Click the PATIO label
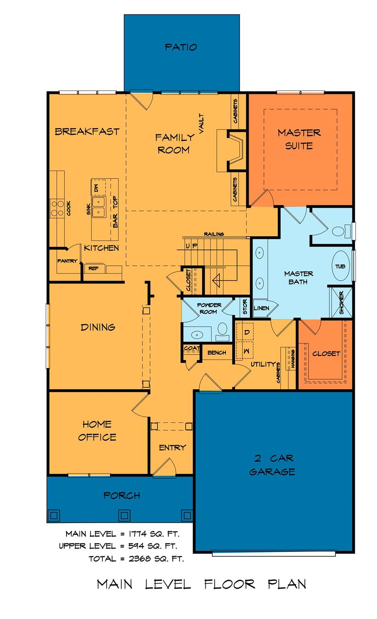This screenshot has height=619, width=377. point(181,47)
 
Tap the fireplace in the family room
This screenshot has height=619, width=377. point(236,150)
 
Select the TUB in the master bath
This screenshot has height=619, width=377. point(340,266)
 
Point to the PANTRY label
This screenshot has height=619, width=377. point(67,261)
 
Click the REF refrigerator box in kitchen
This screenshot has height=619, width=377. point(93,268)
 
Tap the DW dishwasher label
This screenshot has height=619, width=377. point(96,187)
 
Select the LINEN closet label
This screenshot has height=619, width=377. point(261,308)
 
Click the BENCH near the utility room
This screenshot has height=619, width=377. point(217,353)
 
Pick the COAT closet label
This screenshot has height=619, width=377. point(192,348)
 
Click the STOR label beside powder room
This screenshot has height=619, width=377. point(245,307)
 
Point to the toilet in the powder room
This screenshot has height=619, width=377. point(222,330)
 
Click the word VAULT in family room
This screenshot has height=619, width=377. point(201,123)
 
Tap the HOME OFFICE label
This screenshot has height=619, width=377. point(97,430)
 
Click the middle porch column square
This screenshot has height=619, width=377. point(124,515)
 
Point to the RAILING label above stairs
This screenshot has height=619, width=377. point(214,234)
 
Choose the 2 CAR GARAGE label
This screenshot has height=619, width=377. point(273,465)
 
